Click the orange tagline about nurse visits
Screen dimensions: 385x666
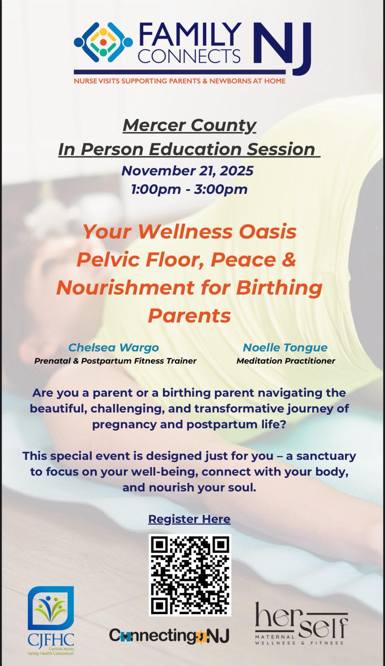click(x=180, y=81)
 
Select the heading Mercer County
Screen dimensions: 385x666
click(x=190, y=126)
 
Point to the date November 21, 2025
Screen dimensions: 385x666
click(x=187, y=171)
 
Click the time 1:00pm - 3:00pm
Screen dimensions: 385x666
click(x=189, y=189)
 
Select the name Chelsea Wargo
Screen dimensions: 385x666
click(x=114, y=348)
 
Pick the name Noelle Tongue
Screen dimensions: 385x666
click(x=285, y=348)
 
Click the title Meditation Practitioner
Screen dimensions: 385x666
click(x=286, y=361)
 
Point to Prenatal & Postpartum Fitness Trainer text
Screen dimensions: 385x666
click(x=115, y=361)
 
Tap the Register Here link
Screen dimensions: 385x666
click(x=189, y=519)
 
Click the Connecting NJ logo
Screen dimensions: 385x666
click(x=169, y=635)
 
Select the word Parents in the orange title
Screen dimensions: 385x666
click(x=189, y=315)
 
